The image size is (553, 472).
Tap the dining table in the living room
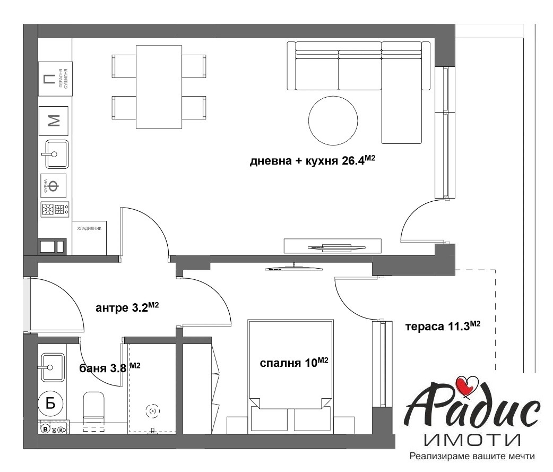coord(159,87)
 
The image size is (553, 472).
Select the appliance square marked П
coord(49,80)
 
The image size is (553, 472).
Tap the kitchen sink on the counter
coord(54,154)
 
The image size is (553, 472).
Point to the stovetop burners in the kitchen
coord(54,209)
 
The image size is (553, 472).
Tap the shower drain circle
coord(152,410)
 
